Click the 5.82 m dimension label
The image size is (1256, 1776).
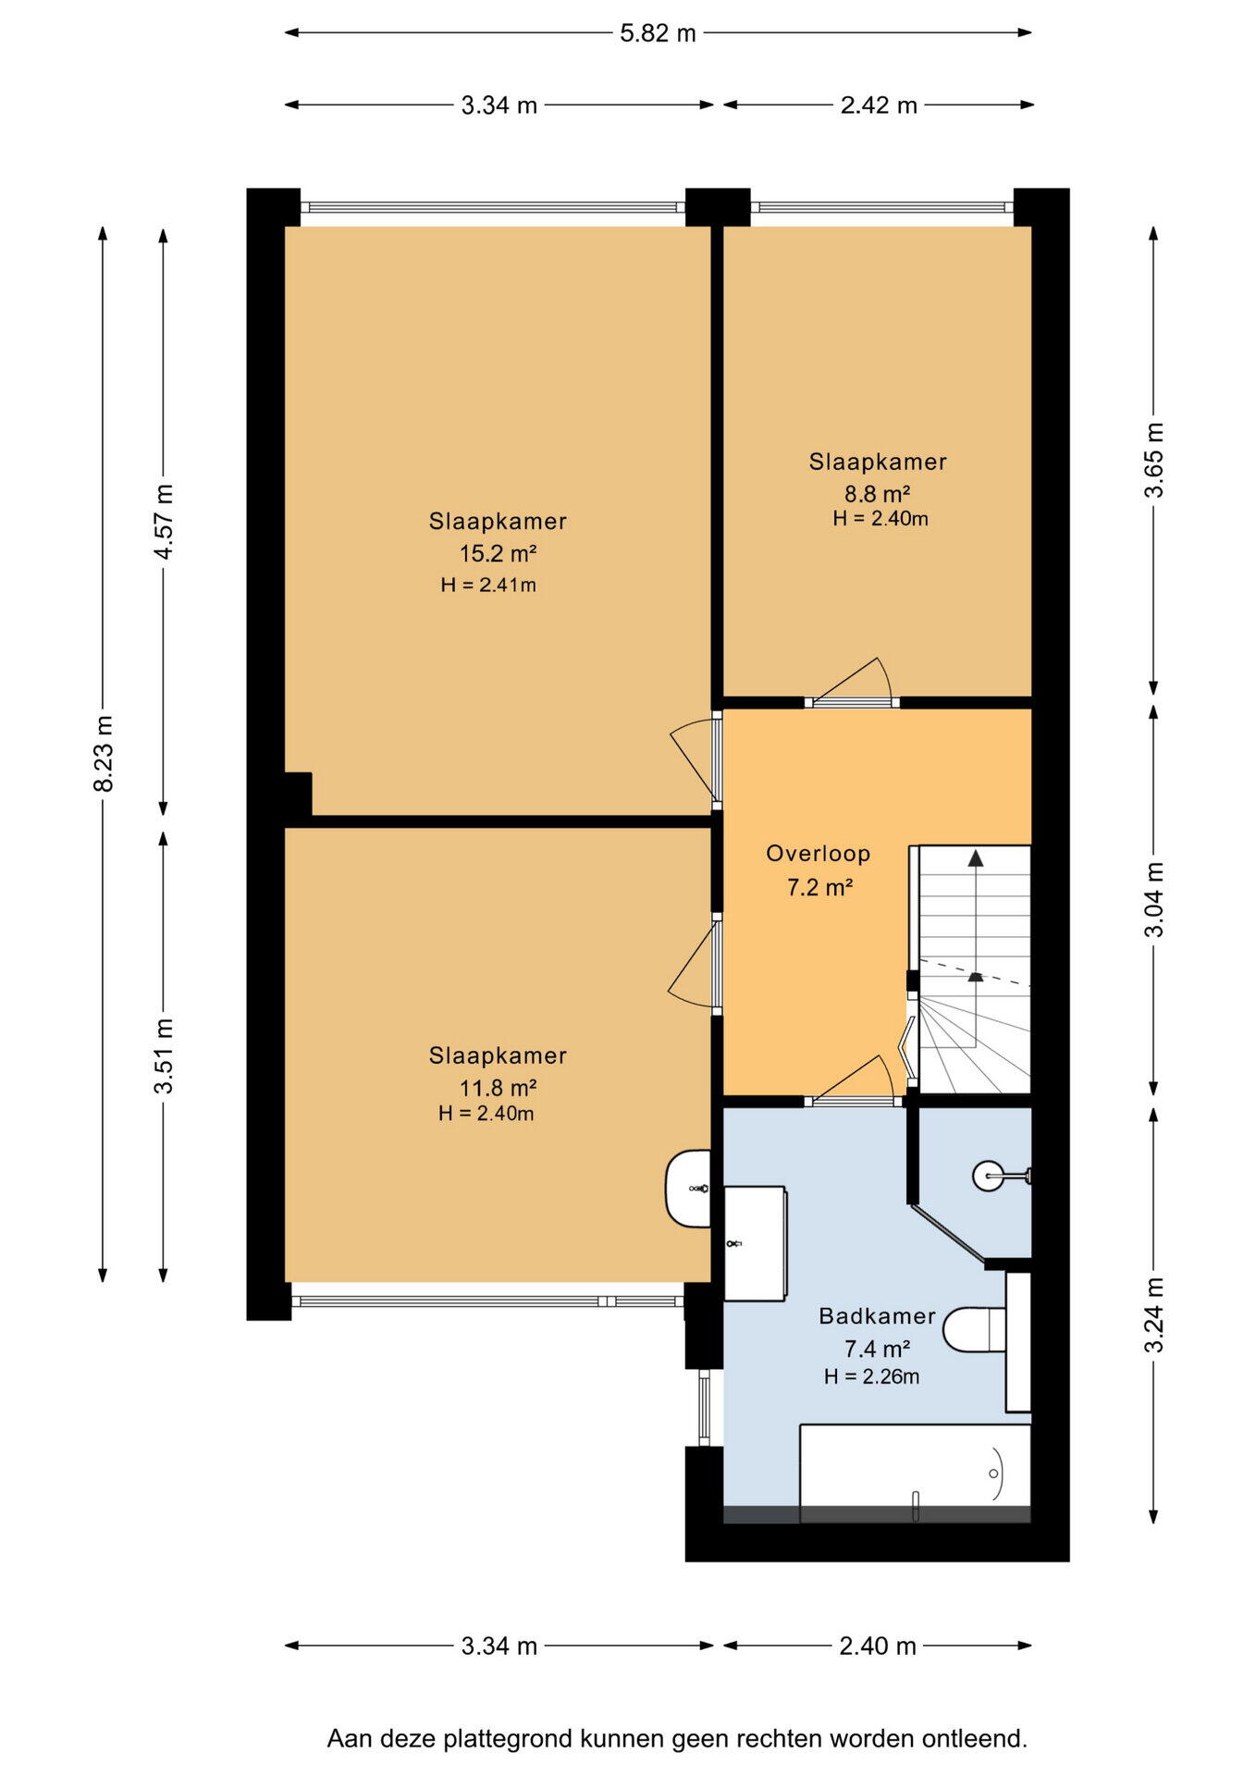coord(658,33)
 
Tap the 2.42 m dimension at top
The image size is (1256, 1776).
coord(879,105)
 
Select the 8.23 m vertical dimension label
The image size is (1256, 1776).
coord(104,753)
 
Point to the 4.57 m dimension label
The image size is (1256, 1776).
coord(164,521)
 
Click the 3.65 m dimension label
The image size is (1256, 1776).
coord(1154,460)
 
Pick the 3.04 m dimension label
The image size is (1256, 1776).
coord(1154,899)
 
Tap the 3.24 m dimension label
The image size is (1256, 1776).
coord(1154,1314)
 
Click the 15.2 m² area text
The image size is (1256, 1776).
coord(499,553)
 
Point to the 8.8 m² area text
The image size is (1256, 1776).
coord(878,493)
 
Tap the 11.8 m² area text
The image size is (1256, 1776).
coord(499,1087)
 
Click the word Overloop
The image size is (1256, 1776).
coord(819,854)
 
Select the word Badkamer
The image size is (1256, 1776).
coord(878,1315)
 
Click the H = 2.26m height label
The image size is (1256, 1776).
coord(872,1376)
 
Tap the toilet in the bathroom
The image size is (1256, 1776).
coord(975,1329)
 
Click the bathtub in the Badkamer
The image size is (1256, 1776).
coord(915,1473)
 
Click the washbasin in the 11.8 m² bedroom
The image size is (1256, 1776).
coord(688,1189)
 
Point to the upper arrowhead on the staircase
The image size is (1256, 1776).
coord(976,857)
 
